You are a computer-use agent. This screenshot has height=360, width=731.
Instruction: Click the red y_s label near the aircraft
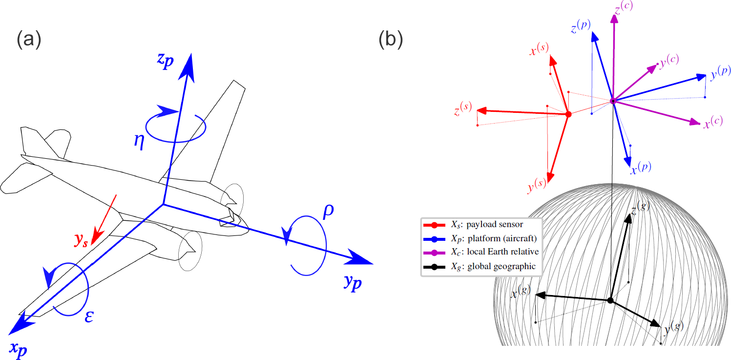pos(81,241)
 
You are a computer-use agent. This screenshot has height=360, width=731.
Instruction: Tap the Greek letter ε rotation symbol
pos(89,316)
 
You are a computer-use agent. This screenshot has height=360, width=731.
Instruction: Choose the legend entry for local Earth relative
pos(481,252)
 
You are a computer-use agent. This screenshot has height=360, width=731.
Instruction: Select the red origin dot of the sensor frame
pos(568,114)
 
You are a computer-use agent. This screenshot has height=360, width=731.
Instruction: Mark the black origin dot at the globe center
pos(610,300)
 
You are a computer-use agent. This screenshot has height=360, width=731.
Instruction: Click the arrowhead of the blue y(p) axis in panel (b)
pos(701,77)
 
